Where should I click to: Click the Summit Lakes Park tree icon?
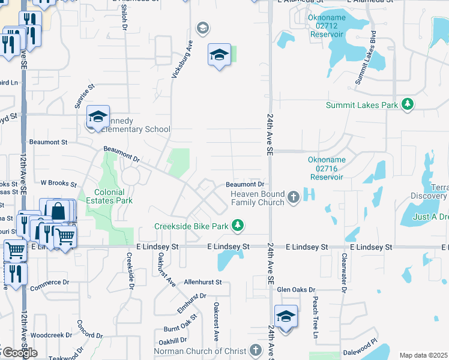click(x=408, y=104)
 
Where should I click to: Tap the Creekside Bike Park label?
click(x=192, y=226)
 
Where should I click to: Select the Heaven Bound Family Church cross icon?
click(x=294, y=197)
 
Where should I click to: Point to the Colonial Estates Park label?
click(x=109, y=196)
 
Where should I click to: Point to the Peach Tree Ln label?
click(x=313, y=318)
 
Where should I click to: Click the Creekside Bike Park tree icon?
click(x=239, y=226)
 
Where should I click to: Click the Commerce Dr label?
click(x=50, y=282)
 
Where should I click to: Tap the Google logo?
click(x=20, y=353)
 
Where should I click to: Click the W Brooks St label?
click(x=59, y=183)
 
